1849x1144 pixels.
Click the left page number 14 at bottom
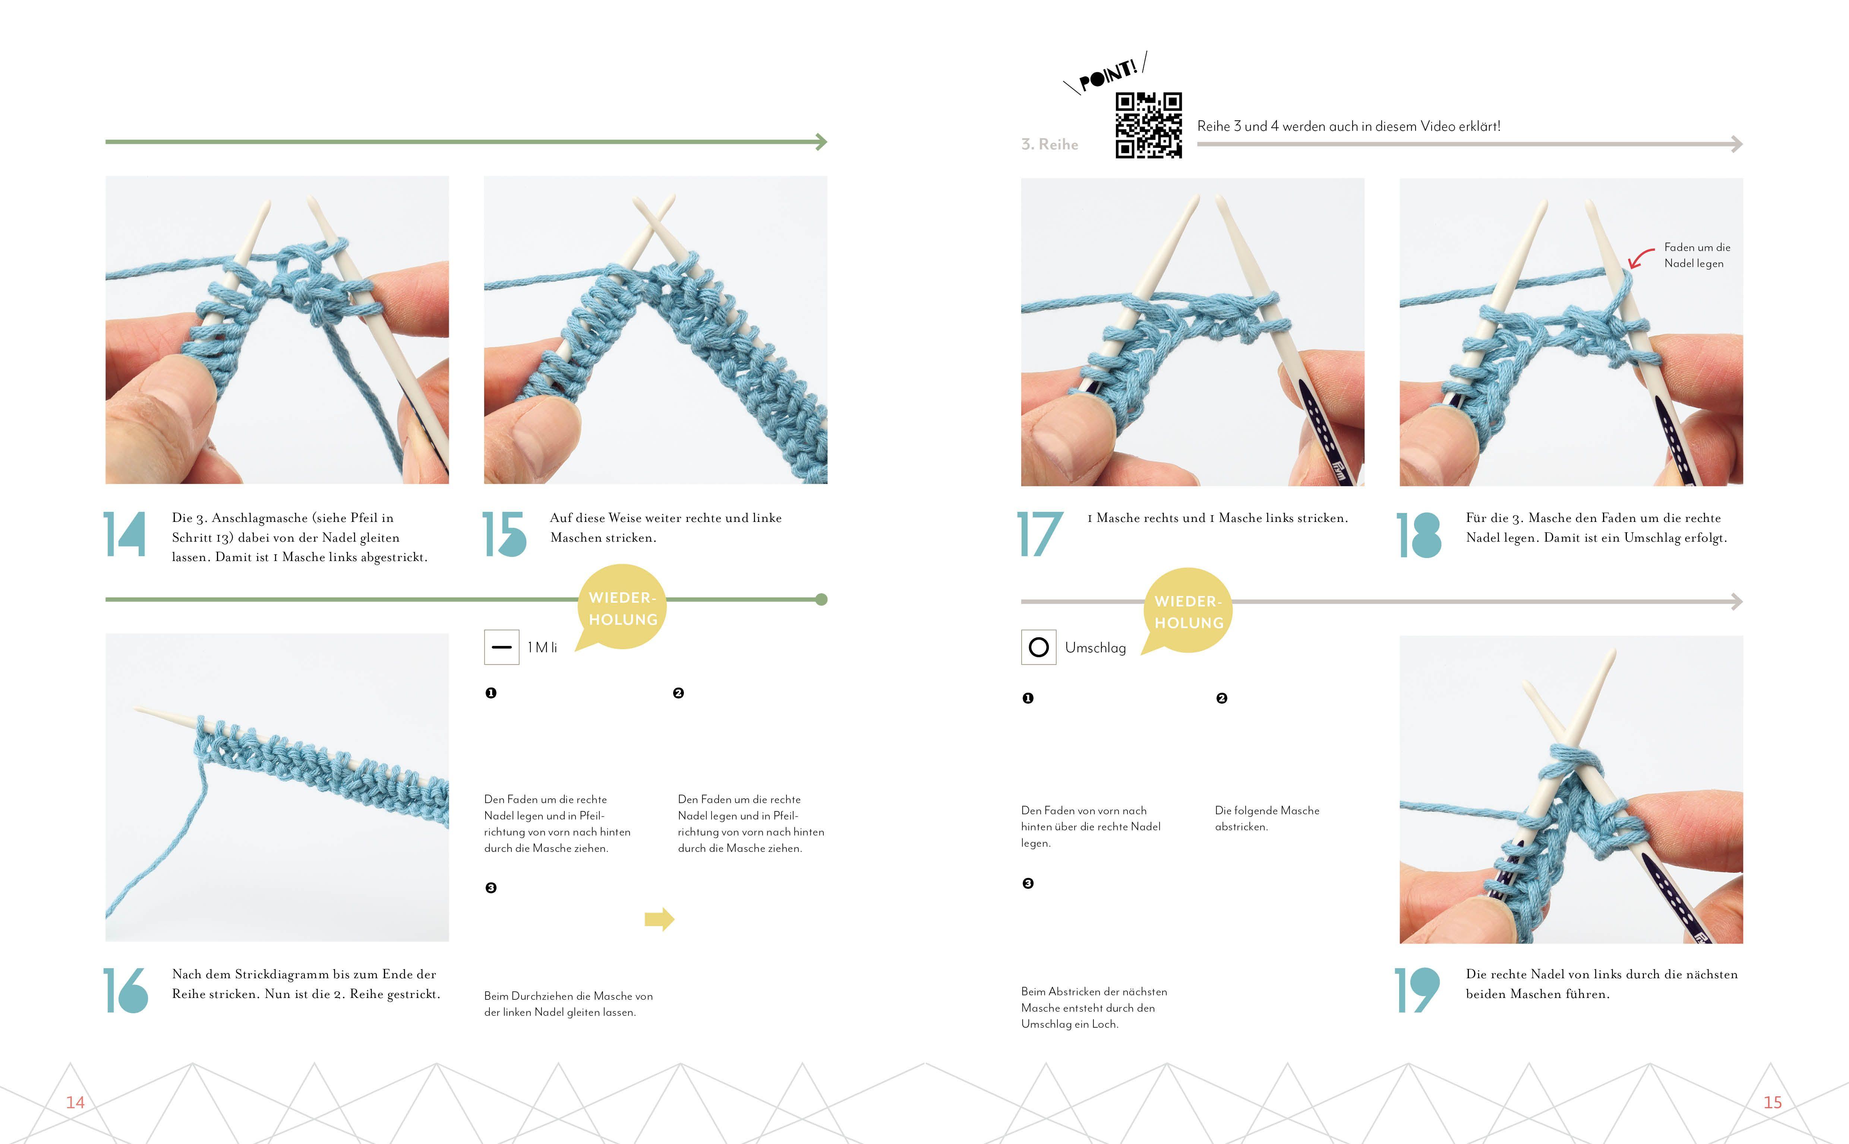coord(75,1102)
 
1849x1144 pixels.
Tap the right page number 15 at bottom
coord(1773,1102)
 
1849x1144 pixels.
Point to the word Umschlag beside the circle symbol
coord(1095,648)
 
